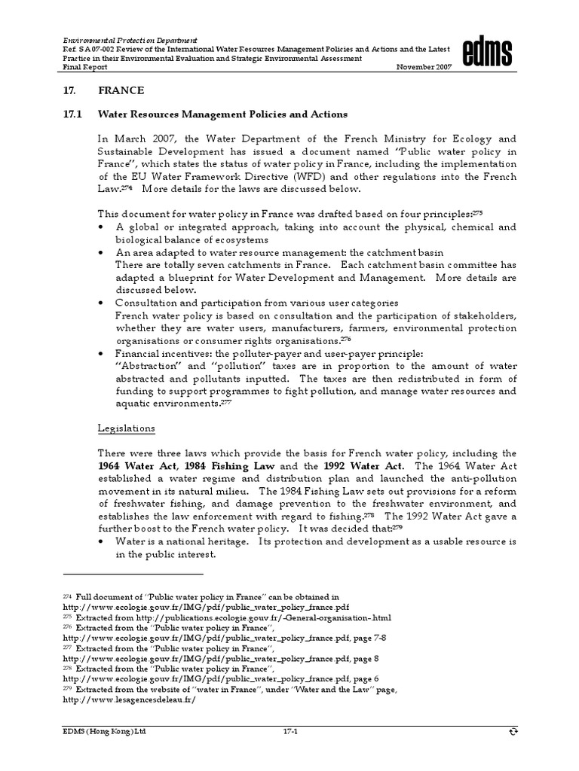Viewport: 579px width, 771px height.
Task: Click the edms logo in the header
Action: click(x=488, y=53)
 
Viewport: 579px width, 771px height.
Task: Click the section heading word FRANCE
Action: click(x=121, y=90)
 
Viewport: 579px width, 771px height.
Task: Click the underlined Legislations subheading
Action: click(x=126, y=428)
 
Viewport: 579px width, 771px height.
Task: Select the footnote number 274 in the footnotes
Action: click(x=66, y=596)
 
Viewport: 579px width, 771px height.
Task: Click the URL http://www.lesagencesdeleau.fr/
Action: click(x=129, y=699)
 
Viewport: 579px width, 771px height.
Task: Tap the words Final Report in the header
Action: click(x=82, y=67)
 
